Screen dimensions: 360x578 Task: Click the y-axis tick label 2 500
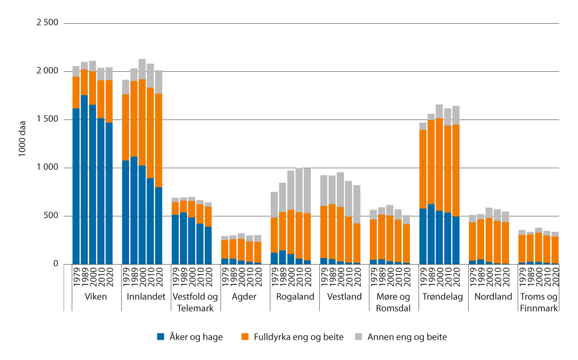coord(47,23)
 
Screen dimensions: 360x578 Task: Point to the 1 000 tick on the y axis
coord(47,168)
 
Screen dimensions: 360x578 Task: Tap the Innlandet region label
coord(146,297)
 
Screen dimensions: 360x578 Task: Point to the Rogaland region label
coord(295,297)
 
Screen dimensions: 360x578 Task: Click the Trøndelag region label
coord(444,297)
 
